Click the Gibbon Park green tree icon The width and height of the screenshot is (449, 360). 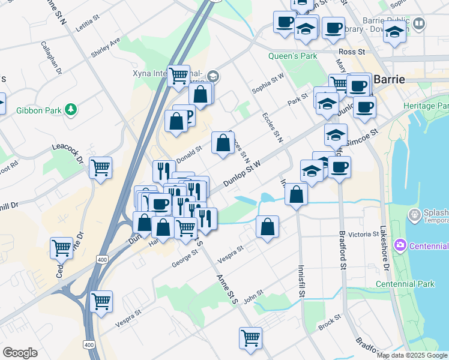[x=71, y=109]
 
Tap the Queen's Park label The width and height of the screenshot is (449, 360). [x=292, y=57]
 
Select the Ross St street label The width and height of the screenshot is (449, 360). [x=352, y=52]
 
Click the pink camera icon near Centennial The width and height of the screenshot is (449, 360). [x=400, y=245]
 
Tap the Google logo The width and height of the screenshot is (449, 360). [x=20, y=353]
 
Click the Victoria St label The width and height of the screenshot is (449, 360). [x=360, y=234]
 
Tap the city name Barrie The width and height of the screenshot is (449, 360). [x=390, y=79]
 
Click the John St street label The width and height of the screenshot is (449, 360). [x=253, y=295]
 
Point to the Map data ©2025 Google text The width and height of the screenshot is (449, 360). [x=412, y=355]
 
